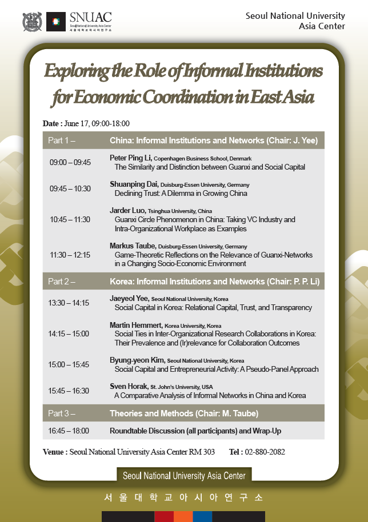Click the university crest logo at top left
[32, 22]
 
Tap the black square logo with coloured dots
[55, 22]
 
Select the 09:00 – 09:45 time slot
[70, 163]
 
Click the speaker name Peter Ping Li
[131, 158]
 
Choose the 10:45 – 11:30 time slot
[70, 219]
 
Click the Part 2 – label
[62, 282]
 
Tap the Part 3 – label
[62, 413]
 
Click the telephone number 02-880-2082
[265, 452]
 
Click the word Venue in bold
[54, 452]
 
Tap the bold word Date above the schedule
[51, 123]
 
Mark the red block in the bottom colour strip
[164, 516]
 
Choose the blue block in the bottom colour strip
[202, 516]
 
